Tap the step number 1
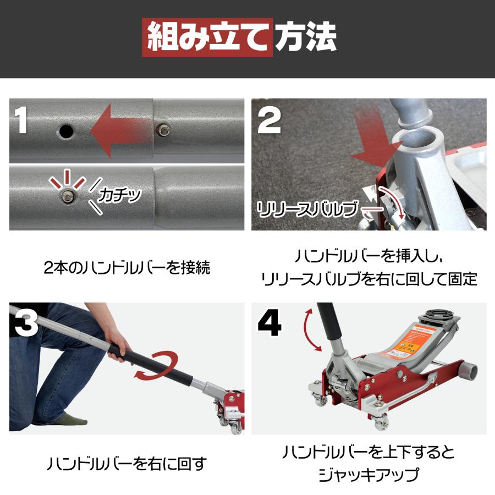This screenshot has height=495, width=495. coord(22,121)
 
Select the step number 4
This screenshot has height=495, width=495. coord(269,324)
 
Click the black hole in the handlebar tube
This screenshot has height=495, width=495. coord(66,131)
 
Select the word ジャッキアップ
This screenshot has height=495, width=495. coord(369,474)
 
